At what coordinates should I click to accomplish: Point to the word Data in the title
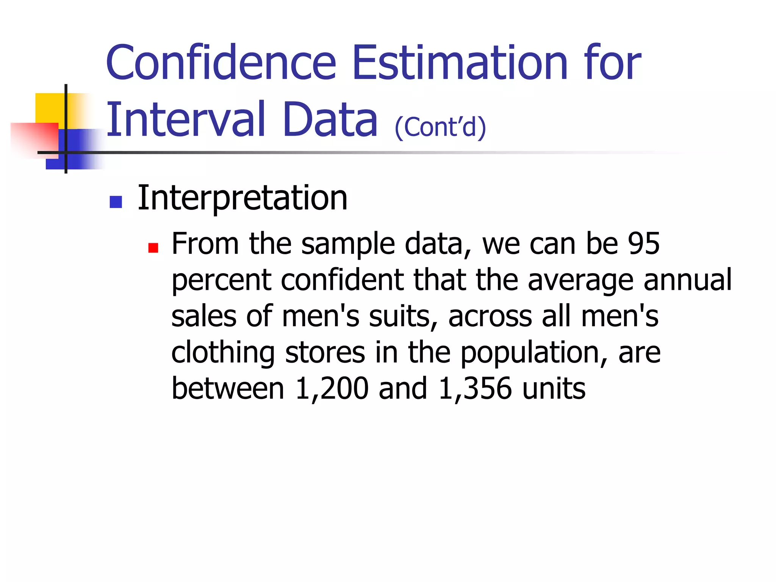(x=330, y=119)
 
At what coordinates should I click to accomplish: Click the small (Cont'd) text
(x=440, y=127)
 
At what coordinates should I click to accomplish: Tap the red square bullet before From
(x=153, y=248)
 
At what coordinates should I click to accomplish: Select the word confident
(x=343, y=280)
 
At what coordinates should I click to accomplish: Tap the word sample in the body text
(x=348, y=244)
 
